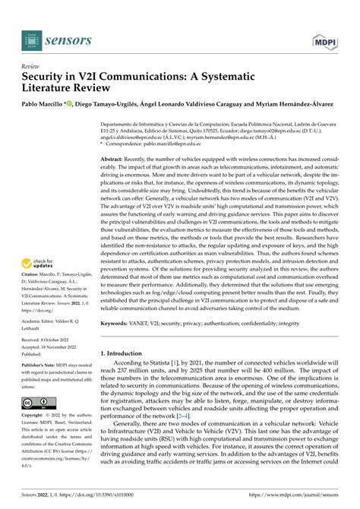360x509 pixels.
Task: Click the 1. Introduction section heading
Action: pos(126,375)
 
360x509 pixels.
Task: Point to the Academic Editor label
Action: pos(43,321)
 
